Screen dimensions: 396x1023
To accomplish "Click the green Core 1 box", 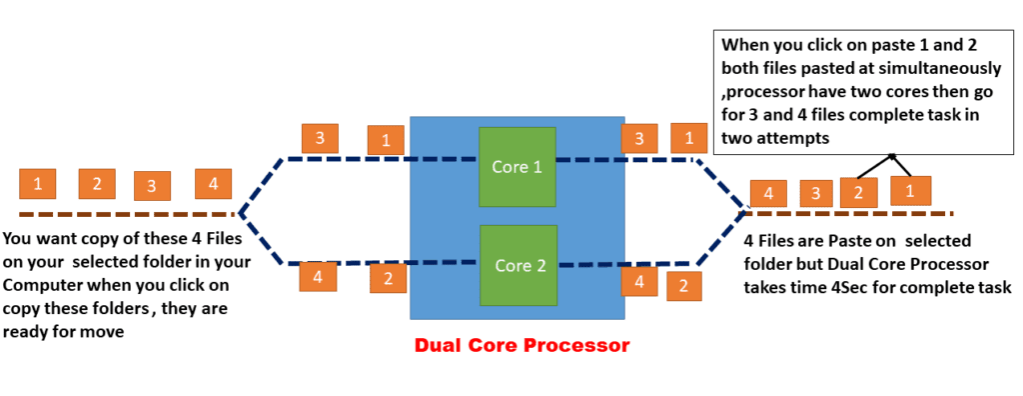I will pos(516,166).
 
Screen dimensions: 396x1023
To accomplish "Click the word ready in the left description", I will pos(27,332).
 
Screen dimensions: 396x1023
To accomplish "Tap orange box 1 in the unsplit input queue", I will pos(37,184).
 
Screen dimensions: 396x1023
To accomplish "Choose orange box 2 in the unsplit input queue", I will pos(97,184).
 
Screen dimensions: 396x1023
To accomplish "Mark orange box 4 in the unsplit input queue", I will pos(213,183).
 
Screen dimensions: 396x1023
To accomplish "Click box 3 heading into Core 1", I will pos(319,139).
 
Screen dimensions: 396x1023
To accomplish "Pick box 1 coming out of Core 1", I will pos(687,138).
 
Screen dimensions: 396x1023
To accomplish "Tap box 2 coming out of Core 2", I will pos(684,286).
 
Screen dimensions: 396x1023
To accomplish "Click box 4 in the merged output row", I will pos(767,194).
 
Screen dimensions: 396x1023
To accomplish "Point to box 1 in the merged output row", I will pos(910,190).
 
